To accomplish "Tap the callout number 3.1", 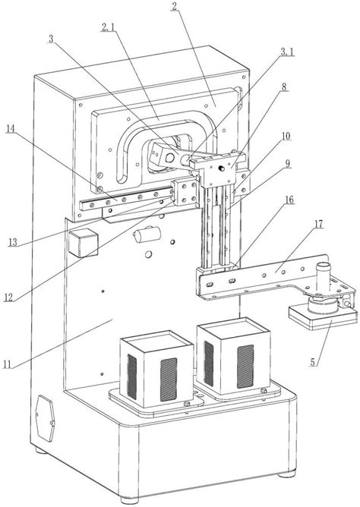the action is [x=287, y=52].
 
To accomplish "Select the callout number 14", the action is [x=11, y=128].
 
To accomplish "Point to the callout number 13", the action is [x=13, y=242].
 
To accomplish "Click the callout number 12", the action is [x=8, y=298].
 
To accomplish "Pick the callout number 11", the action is [x=7, y=364].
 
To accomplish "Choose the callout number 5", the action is [x=312, y=362].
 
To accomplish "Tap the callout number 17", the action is [x=318, y=224].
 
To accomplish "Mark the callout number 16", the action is [x=289, y=200].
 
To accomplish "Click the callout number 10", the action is [x=286, y=136].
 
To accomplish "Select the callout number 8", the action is [x=284, y=87].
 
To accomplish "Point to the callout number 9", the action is [x=287, y=164].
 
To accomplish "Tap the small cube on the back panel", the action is [x=84, y=243].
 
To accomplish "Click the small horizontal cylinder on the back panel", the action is [x=147, y=235].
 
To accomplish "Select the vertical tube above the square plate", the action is [x=323, y=278].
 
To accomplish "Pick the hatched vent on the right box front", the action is [x=245, y=367].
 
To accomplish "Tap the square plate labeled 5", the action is [x=323, y=317].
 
